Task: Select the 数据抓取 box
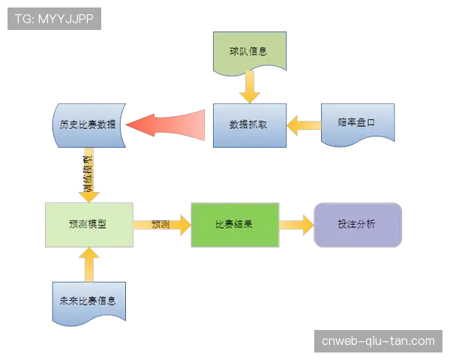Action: click(x=248, y=124)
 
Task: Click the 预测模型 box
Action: click(x=88, y=223)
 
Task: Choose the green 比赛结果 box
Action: click(x=234, y=224)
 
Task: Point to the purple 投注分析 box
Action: click(x=357, y=224)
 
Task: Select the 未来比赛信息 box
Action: click(x=88, y=301)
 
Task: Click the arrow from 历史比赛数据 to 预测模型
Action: click(x=89, y=175)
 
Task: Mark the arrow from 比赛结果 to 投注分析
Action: click(x=297, y=224)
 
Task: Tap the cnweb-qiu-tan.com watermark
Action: click(x=377, y=341)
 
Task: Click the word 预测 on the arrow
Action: click(x=160, y=224)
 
